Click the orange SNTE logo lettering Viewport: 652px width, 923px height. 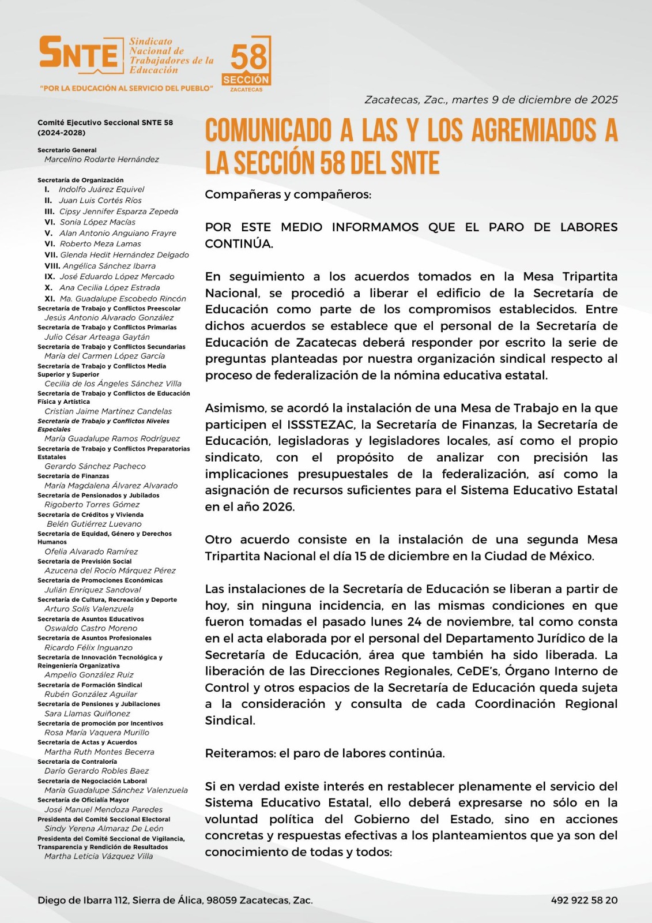pyautogui.click(x=78, y=53)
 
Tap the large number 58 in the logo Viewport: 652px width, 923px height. pyautogui.click(x=248, y=57)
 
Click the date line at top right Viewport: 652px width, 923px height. pyautogui.click(x=491, y=100)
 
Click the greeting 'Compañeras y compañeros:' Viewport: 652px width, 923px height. pyautogui.click(x=288, y=194)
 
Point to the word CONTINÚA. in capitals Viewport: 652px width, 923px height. pyautogui.click(x=239, y=243)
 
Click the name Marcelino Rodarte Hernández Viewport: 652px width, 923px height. pyautogui.click(x=101, y=159)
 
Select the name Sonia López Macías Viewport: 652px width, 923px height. pyautogui.click(x=97, y=222)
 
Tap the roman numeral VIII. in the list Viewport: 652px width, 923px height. pyautogui.click(x=52, y=266)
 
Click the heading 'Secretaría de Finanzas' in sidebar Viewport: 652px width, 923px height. pyautogui.click(x=73, y=476)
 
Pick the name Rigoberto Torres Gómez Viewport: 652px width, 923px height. pyautogui.click(x=92, y=504)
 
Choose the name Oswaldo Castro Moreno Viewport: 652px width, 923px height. pyautogui.click(x=91, y=628)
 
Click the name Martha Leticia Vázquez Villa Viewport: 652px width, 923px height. pyautogui.click(x=99, y=856)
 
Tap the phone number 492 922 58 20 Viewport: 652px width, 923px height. pyautogui.click(x=584, y=900)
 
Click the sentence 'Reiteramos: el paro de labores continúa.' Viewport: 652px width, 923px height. pyautogui.click(x=325, y=753)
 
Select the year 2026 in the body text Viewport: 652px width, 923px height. pyautogui.click(x=278, y=507)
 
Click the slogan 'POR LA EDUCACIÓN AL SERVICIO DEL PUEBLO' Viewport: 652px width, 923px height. pyautogui.click(x=126, y=88)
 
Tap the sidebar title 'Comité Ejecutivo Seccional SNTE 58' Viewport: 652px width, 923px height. pyautogui.click(x=105, y=122)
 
